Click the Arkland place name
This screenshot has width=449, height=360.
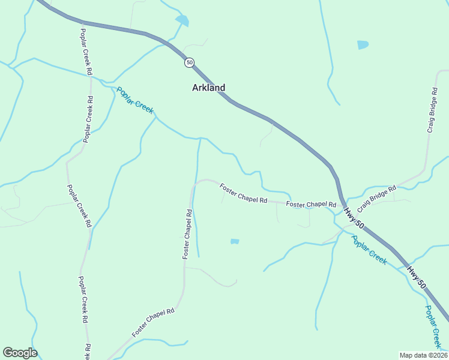coord(208,88)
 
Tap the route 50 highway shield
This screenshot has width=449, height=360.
coord(190,62)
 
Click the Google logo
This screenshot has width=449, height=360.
coord(20,353)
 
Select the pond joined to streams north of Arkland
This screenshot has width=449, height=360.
coord(182,21)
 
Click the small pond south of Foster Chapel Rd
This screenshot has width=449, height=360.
coord(235,241)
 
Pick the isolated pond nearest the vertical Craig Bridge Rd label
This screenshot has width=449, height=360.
coord(363,44)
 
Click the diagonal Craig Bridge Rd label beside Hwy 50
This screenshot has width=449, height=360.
coord(377,199)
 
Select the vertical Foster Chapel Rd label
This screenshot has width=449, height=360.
coord(187,234)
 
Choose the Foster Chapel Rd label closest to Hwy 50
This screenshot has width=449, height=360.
coord(310,205)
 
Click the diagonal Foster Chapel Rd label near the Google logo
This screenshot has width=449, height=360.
coord(153,322)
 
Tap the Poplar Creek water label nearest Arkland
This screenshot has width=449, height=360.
coord(135,100)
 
